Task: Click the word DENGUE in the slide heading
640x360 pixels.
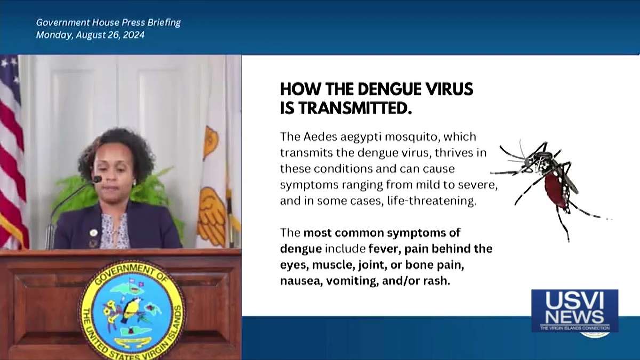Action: [395, 89]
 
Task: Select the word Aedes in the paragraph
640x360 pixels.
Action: [321, 137]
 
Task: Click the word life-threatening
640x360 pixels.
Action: [431, 201]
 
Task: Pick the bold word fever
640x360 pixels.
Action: [386, 249]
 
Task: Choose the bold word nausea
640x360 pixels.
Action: [301, 281]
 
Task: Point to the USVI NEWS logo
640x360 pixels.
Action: [574, 311]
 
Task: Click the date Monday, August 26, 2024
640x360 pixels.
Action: [90, 35]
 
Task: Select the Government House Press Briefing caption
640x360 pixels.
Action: [108, 22]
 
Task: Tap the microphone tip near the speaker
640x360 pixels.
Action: [97, 180]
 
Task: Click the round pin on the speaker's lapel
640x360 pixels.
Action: [93, 233]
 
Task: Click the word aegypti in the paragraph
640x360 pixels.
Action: [361, 138]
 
